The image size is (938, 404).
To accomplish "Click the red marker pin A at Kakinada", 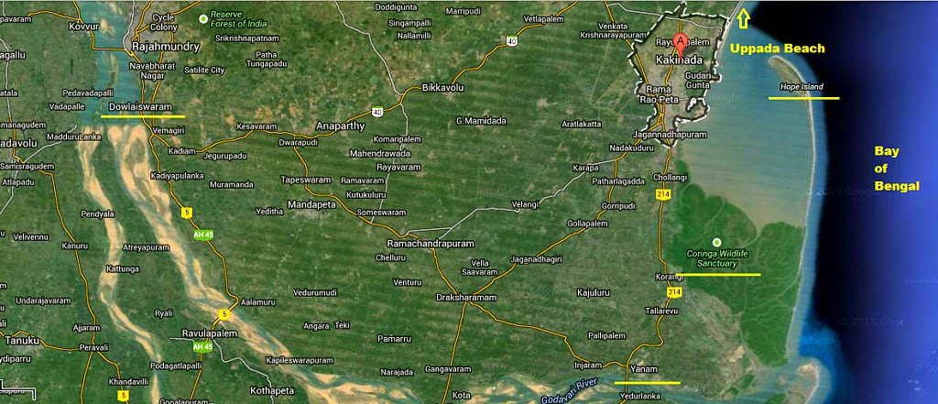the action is [680, 41].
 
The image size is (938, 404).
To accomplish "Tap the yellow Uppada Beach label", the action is [777, 49].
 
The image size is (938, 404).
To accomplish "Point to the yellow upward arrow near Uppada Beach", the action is [744, 17].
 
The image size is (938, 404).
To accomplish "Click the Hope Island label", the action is [802, 87].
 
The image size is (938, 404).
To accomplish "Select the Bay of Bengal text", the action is [887, 168].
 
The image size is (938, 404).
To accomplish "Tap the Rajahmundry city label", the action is [166, 45].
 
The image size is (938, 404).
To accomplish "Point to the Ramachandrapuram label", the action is [431, 246].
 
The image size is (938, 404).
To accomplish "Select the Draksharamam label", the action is [465, 299].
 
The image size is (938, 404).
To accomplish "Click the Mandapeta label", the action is [311, 204].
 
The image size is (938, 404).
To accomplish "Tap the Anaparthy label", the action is [339, 126].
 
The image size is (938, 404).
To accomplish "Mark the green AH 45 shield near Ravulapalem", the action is [202, 348].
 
